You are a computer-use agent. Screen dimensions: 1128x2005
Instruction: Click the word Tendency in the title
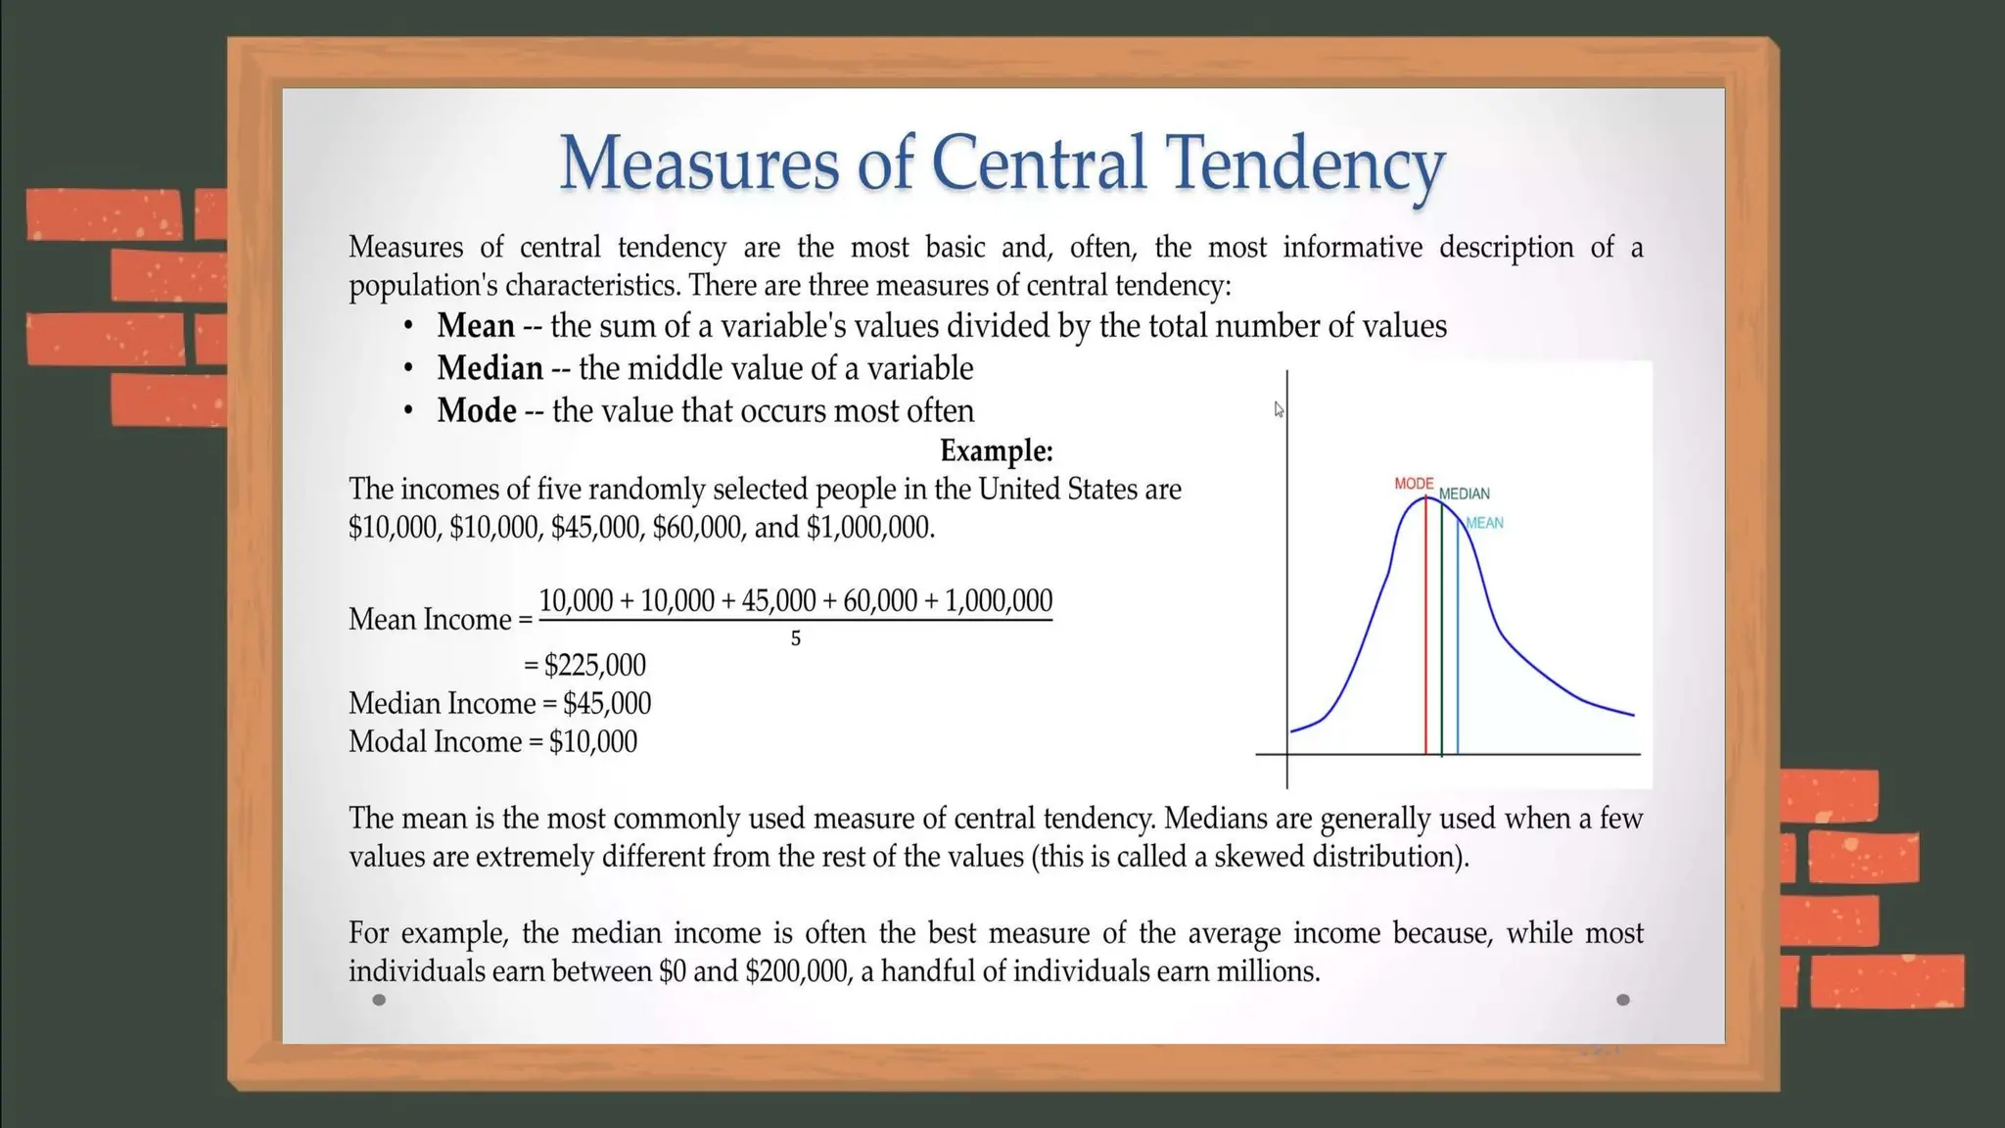1304,163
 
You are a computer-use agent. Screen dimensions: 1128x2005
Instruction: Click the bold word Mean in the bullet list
476,326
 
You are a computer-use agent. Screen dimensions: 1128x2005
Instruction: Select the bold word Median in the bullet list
490,368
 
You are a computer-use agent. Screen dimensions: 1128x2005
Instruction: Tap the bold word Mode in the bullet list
477,410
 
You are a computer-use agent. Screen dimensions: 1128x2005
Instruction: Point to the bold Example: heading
996,450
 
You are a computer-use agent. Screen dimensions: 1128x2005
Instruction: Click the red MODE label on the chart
1414,484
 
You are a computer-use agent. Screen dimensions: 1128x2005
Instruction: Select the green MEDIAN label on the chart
1464,493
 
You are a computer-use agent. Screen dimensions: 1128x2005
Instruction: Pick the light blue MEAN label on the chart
1484,523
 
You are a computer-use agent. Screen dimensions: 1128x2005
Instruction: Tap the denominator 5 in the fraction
796,638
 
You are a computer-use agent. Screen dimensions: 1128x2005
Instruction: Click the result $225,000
595,665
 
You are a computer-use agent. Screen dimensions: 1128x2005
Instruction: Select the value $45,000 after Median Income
607,703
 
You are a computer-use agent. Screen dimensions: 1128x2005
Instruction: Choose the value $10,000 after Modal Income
593,741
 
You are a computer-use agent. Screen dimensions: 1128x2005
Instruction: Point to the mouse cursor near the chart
1279,409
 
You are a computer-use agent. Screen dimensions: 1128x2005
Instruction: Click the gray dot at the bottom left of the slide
380,1000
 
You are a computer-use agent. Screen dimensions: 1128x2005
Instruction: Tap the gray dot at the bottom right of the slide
1623,1000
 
